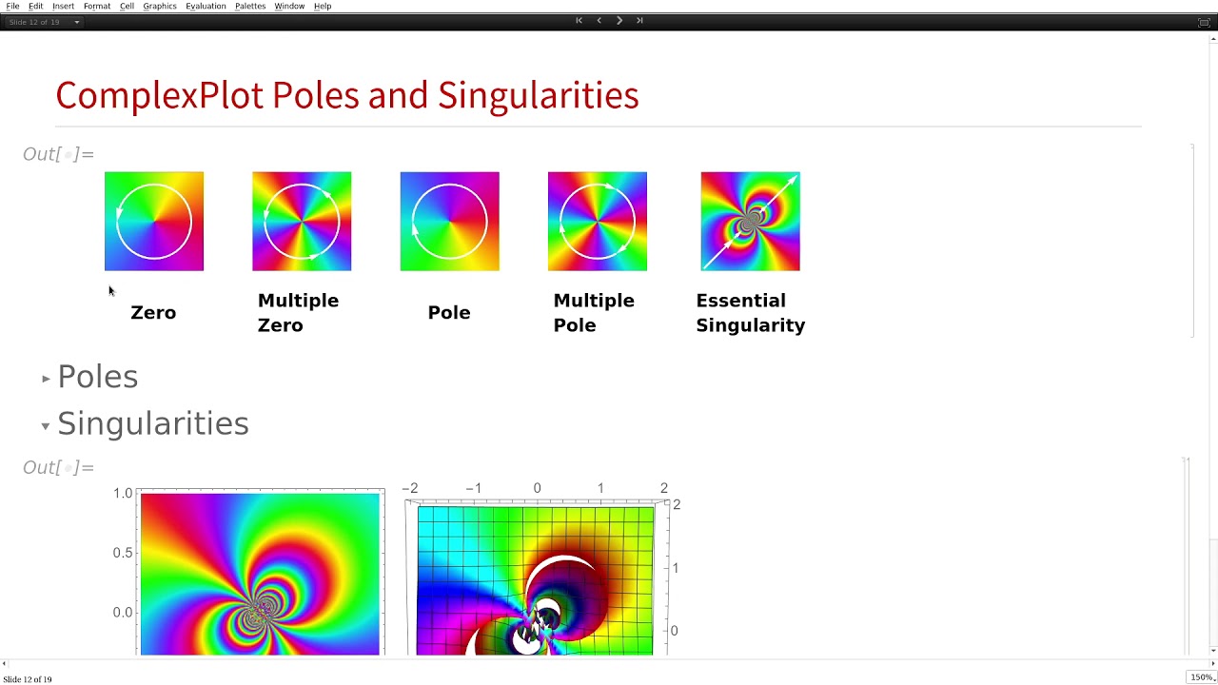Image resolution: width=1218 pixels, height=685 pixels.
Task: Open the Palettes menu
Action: point(250,7)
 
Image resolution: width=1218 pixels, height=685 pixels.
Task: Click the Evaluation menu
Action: point(206,7)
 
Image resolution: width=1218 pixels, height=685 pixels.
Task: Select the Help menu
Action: point(323,7)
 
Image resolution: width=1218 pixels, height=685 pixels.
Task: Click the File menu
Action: point(12,7)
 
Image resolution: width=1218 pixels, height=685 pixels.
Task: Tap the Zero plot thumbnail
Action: point(154,222)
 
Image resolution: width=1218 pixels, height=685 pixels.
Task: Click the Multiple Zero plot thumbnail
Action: point(302,222)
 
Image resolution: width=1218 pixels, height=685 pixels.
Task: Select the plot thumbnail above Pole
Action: point(449,222)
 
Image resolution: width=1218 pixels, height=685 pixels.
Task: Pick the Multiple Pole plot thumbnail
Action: point(598,222)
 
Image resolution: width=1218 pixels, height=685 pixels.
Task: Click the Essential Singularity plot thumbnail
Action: point(751,222)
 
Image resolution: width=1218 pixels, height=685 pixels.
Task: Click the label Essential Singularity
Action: point(750,313)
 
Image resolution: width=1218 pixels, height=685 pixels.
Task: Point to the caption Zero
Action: point(153,313)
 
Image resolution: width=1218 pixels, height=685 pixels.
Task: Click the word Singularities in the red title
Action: point(538,95)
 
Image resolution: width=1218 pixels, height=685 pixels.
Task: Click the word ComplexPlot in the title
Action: point(160,95)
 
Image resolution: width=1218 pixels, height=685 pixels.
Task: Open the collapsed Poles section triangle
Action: point(46,379)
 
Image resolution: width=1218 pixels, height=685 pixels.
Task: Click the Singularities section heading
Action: point(152,424)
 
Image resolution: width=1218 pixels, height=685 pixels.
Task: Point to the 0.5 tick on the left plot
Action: point(123,553)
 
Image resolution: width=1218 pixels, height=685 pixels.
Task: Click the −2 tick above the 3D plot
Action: point(410,488)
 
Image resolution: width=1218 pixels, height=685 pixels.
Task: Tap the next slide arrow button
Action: point(619,20)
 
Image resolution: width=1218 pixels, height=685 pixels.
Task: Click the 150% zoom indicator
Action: point(1201,677)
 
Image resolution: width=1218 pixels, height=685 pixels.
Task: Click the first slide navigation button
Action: point(579,20)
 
